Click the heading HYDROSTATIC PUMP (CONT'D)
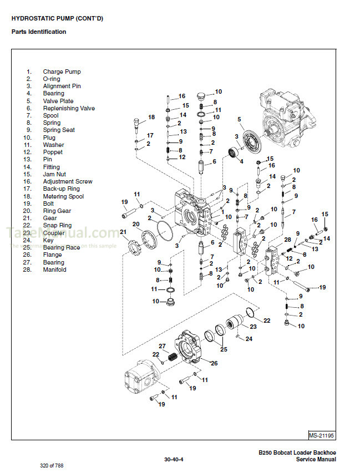57,18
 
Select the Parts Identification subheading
39,32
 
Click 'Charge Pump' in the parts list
62,72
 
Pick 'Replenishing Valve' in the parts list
69,108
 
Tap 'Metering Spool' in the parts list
63,196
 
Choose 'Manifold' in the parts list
54,269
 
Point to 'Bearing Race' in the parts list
62,247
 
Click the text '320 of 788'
52,465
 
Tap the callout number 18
151,118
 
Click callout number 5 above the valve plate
239,119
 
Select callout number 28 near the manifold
287,239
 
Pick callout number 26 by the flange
214,363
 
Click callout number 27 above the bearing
163,346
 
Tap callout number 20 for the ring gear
135,224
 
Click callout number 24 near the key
249,339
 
